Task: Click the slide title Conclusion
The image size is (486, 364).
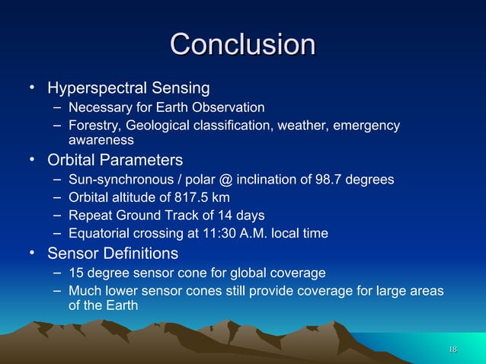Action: [x=242, y=44]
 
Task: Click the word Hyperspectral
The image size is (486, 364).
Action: [x=96, y=89]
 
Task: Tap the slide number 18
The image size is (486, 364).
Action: [x=452, y=349]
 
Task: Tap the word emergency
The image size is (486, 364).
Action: [x=367, y=126]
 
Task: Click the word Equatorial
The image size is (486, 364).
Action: [x=97, y=234]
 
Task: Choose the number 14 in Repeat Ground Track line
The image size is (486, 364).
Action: [x=226, y=216]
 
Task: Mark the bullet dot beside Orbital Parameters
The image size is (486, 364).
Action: [x=33, y=160]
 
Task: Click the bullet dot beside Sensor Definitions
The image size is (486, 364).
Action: [x=33, y=252]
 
